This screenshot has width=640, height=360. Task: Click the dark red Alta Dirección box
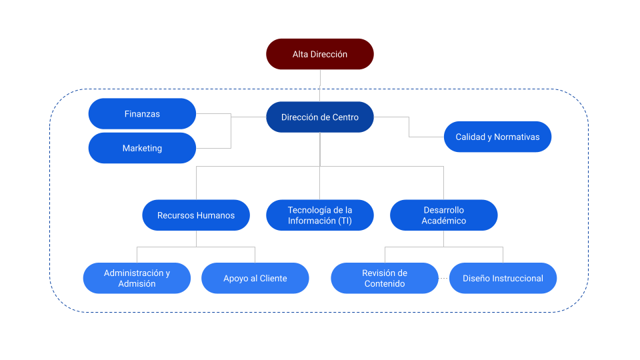click(x=320, y=54)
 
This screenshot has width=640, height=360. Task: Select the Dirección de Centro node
click(x=320, y=117)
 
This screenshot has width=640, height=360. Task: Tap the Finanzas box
click(x=142, y=114)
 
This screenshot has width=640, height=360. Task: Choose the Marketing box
click(x=142, y=148)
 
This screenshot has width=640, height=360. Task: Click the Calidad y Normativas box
click(x=497, y=137)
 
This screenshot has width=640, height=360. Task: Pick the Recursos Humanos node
click(x=196, y=215)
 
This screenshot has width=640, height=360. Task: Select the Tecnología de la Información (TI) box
click(x=320, y=215)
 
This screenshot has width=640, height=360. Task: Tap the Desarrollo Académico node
click(x=443, y=215)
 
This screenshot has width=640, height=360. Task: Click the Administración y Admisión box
click(x=137, y=278)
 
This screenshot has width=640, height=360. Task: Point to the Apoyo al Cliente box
click(x=255, y=278)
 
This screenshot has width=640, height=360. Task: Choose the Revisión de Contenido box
click(x=385, y=278)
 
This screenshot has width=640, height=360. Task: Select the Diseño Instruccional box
click(x=503, y=278)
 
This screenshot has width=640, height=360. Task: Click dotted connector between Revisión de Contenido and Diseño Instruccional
click(x=443, y=278)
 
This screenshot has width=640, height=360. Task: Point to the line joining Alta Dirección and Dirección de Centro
click(x=320, y=85)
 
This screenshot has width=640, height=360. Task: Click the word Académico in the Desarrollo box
click(x=443, y=221)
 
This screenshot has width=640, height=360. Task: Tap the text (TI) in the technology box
click(x=345, y=221)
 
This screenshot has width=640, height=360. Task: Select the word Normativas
click(x=517, y=137)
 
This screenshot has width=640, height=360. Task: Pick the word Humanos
click(x=215, y=215)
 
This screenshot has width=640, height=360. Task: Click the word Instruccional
click(x=516, y=278)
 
